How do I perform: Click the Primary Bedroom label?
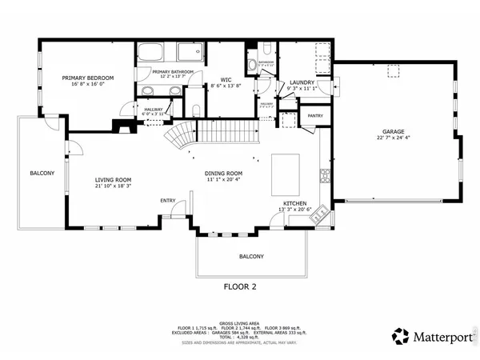pos(88,78)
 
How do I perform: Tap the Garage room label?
pos(393,131)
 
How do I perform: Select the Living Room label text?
pos(113,180)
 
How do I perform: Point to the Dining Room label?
pos(223,173)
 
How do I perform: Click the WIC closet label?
pos(226,79)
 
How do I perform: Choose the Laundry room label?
pos(301,82)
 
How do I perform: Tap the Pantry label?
pos(315,115)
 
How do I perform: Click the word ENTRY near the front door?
pos(168,200)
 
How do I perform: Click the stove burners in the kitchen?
pos(326,174)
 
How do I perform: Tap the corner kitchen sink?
pos(318,214)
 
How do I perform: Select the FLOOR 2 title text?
pos(239,286)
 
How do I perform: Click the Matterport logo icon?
pos(398,336)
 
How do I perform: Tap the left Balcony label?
pos(42,173)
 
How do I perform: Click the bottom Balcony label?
pos(251,256)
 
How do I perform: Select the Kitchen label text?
pos(294,205)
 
